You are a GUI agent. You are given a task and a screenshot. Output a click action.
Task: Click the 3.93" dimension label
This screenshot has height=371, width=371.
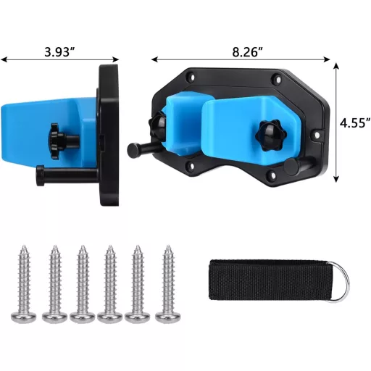(x=59, y=52)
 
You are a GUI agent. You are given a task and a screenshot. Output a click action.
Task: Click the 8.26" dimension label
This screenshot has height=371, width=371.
(x=247, y=52)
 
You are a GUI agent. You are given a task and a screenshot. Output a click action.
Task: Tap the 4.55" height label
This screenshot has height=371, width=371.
(x=355, y=123)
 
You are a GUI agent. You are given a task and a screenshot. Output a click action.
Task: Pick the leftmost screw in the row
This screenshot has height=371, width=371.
(x=24, y=284)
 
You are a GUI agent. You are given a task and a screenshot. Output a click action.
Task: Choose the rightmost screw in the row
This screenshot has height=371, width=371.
(x=168, y=284)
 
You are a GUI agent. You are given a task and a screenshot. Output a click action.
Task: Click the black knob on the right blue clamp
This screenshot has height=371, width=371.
(x=271, y=136)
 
